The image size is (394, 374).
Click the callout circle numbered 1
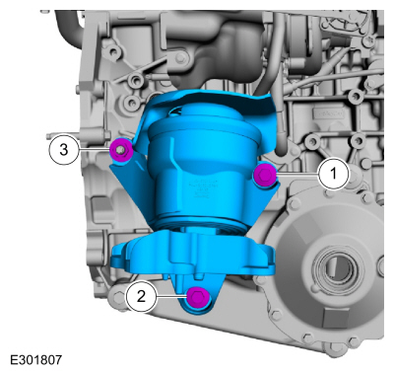point(334,173)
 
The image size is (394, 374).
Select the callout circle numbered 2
point(141,296)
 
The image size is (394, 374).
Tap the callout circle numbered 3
point(64,150)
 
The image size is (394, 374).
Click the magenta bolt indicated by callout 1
point(265,174)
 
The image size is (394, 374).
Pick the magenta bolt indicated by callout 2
point(198,297)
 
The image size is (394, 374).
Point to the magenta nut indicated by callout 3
point(121,150)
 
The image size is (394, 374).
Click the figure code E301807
point(36,359)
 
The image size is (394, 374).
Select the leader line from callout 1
point(297,174)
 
